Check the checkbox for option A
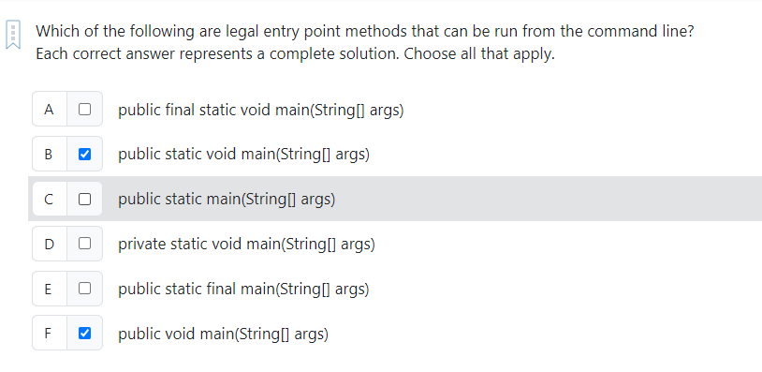[x=84, y=109]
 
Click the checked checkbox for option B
[x=84, y=154]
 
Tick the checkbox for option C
[x=84, y=199]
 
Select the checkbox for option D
[x=84, y=244]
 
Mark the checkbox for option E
[x=84, y=289]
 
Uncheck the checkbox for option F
[x=84, y=333]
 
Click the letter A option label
[x=49, y=109]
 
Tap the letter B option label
[x=49, y=154]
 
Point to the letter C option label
[x=49, y=199]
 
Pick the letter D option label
[x=49, y=244]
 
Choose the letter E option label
[x=49, y=289]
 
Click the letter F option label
[x=49, y=333]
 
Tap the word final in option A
[x=178, y=109]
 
